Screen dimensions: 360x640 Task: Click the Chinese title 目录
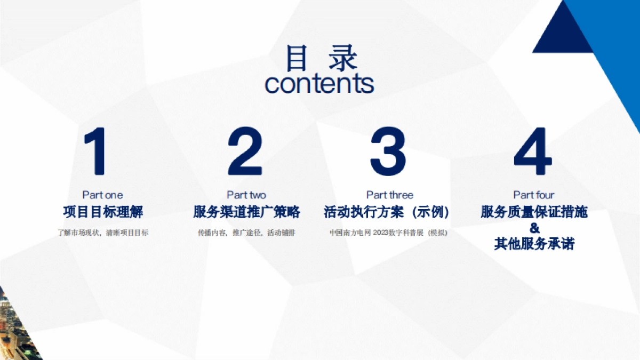click(320, 59)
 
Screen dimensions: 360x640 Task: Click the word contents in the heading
click(319, 84)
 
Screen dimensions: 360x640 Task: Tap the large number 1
click(97, 151)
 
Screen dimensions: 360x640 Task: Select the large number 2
click(245, 151)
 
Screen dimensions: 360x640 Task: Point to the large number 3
click(389, 151)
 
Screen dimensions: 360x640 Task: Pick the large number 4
click(533, 151)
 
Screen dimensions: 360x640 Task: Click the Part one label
click(102, 195)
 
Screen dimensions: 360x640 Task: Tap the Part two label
click(246, 195)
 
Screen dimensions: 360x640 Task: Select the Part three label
click(390, 195)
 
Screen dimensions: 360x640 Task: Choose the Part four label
click(534, 195)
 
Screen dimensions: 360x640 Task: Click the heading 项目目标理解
click(103, 212)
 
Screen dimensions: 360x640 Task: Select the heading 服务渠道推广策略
click(246, 212)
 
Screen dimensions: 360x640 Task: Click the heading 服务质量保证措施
click(534, 212)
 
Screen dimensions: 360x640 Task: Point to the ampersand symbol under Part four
click(534, 228)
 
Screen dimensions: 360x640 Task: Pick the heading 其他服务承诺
click(534, 244)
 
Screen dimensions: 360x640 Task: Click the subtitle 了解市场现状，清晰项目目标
click(103, 233)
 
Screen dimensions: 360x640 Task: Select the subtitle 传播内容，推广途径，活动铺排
click(246, 233)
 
